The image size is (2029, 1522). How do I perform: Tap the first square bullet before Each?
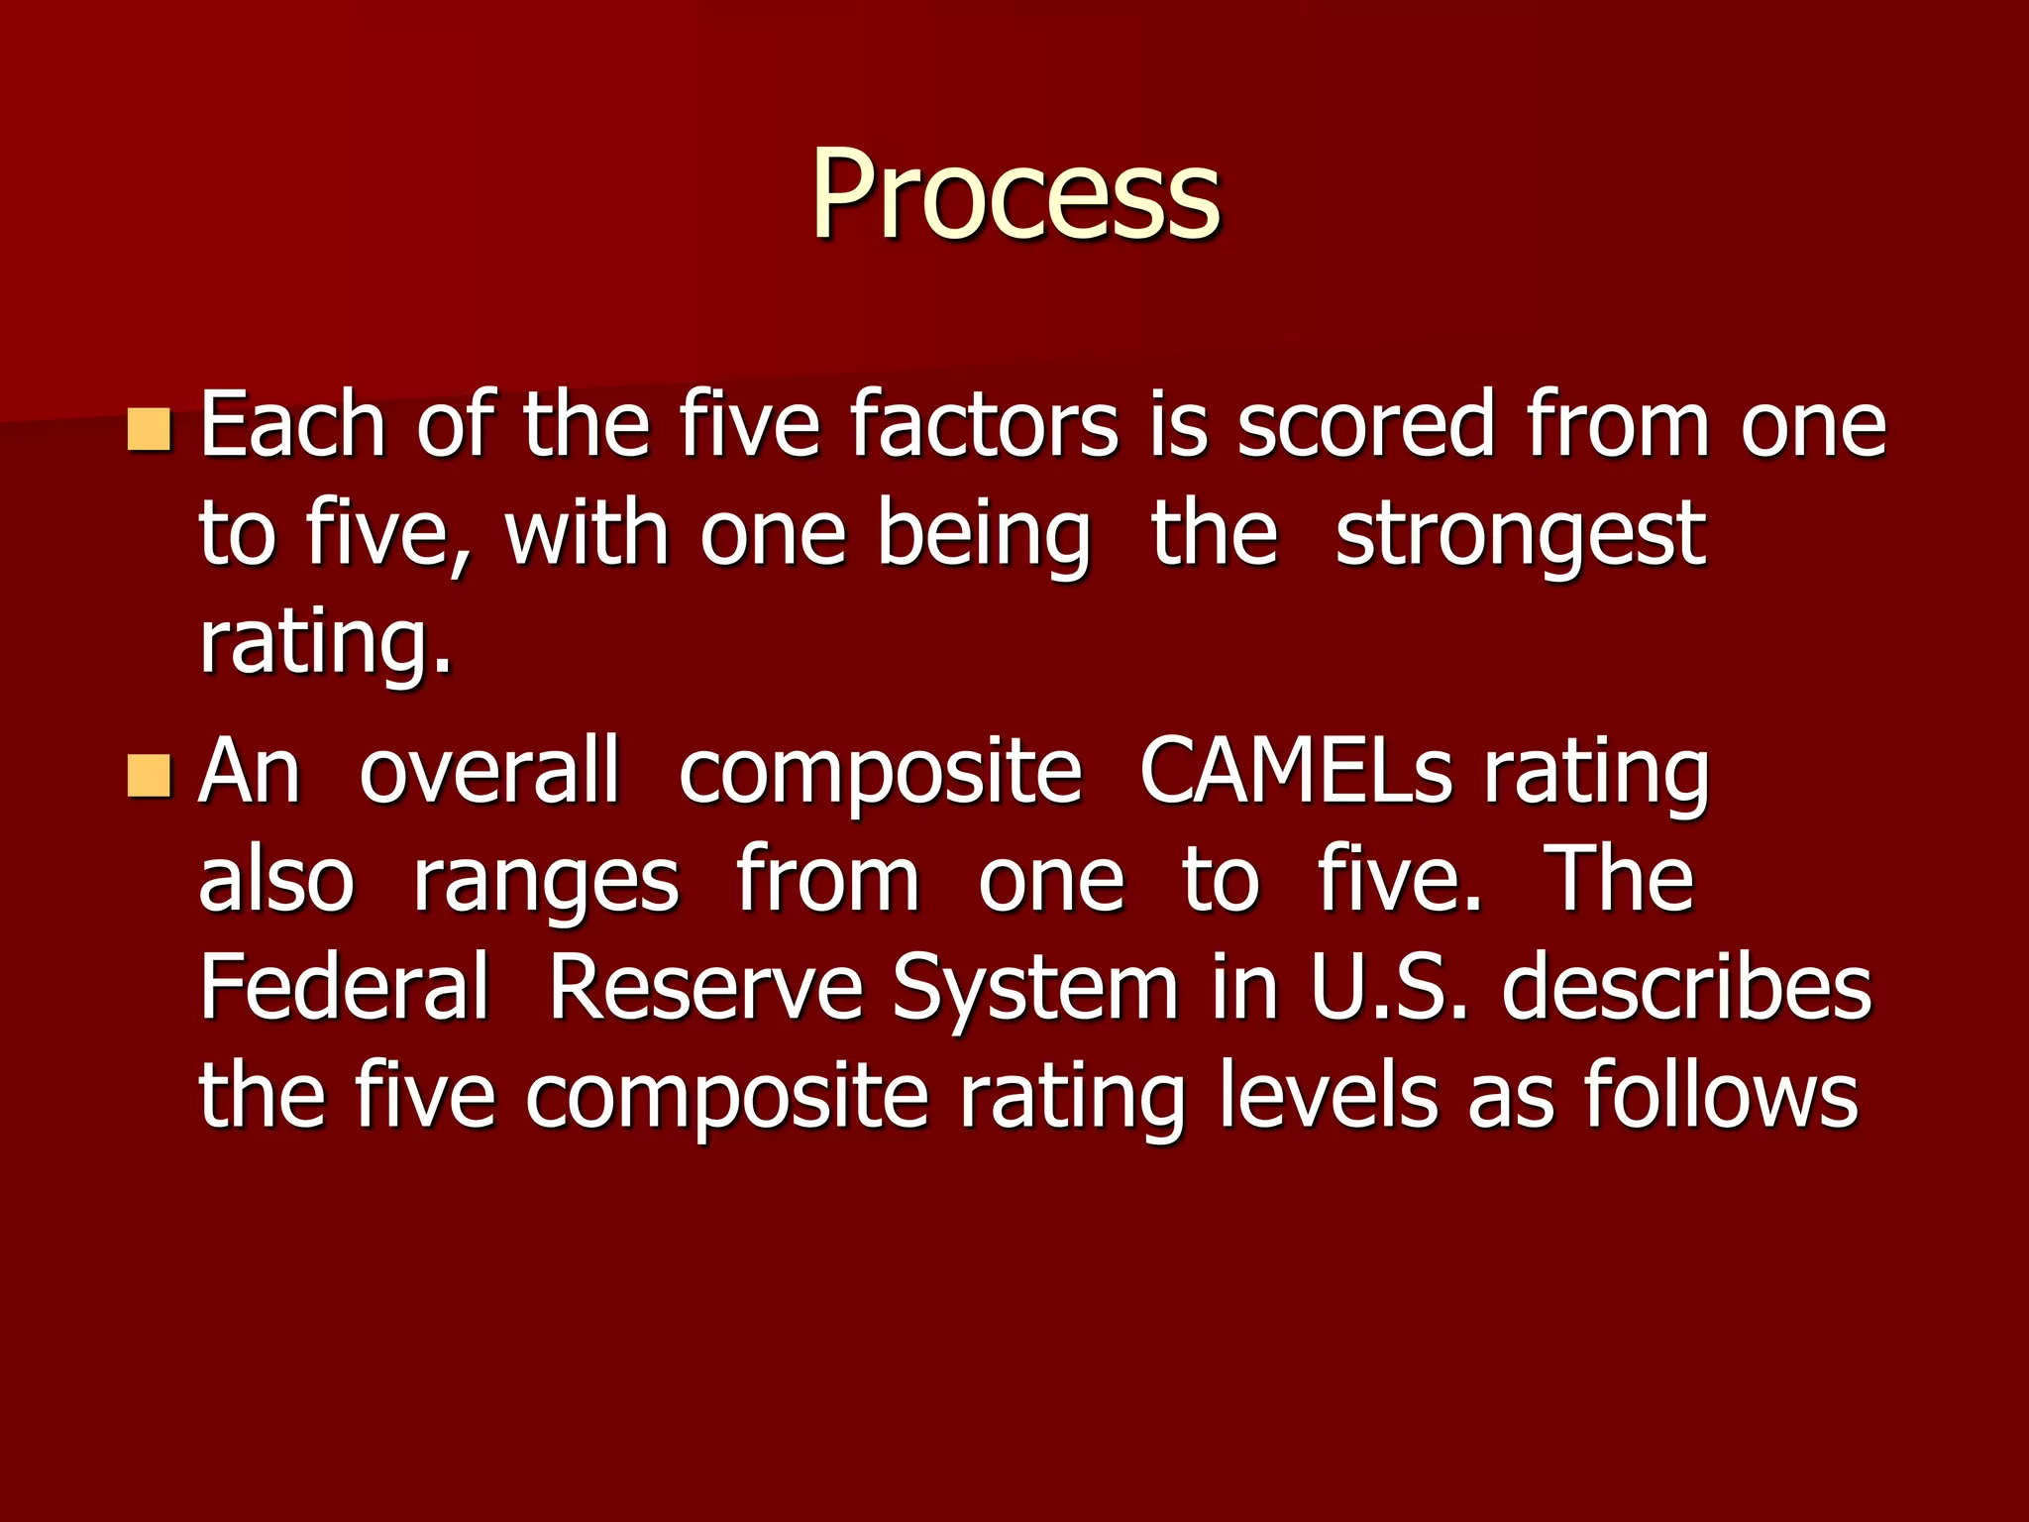[150, 429]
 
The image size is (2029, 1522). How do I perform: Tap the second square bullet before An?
[150, 776]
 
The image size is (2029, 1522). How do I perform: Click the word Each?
[292, 426]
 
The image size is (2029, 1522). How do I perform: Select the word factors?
[984, 426]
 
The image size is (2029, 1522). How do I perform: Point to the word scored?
[1365, 426]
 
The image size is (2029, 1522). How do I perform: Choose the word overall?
[489, 773]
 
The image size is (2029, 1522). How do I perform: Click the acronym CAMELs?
[1296, 773]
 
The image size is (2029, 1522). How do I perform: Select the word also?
[275, 882]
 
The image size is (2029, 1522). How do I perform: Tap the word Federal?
[344, 988]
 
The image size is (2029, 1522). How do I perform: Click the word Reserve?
[705, 988]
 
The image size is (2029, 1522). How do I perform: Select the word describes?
[1686, 988]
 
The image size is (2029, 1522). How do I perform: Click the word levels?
[1328, 1097]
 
